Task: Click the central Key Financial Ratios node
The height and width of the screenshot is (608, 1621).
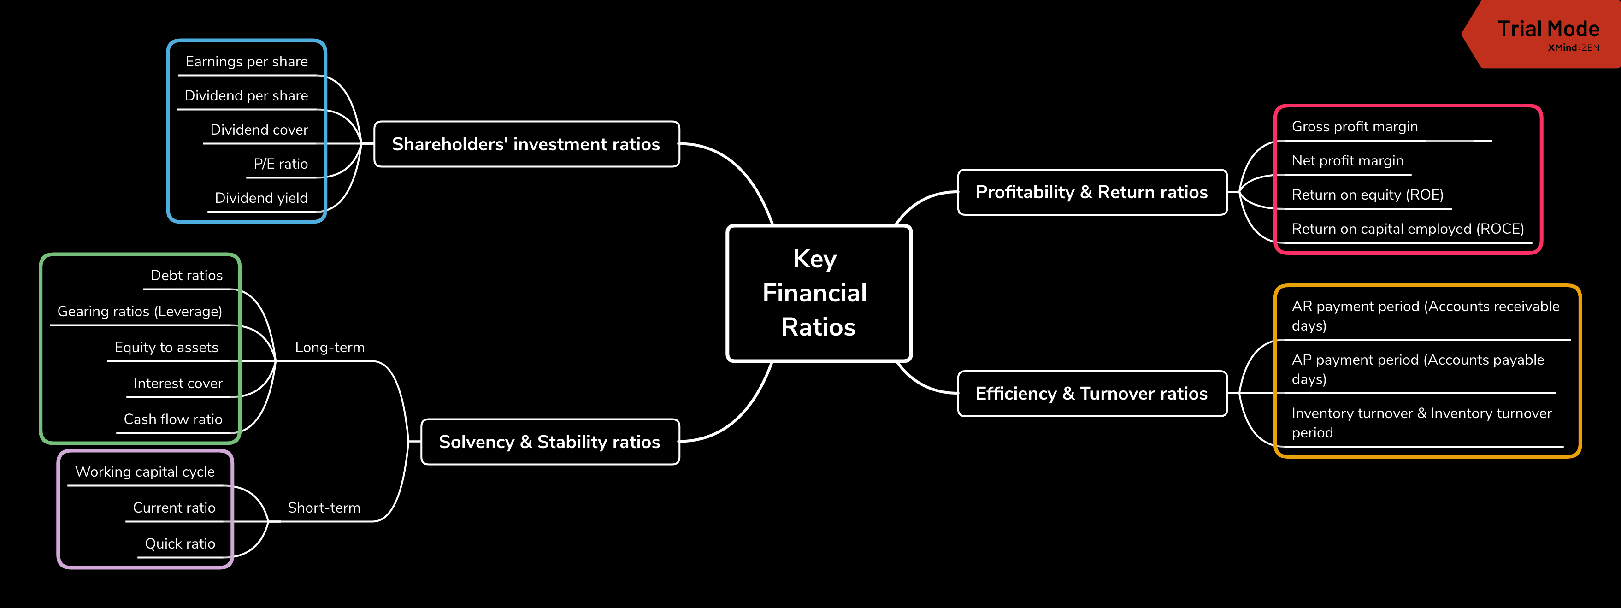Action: pos(818,293)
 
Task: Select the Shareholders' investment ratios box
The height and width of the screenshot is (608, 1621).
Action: pos(526,144)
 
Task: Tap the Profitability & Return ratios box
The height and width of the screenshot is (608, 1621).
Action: pos(1092,192)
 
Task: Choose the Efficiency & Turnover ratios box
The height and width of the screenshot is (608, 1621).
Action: pos(1092,393)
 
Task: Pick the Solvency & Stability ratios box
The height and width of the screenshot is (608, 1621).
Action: pos(549,442)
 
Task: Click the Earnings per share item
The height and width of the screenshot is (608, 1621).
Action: pos(247,62)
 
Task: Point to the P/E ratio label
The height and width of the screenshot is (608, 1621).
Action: pos(281,164)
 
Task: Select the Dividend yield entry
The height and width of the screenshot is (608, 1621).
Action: pos(261,198)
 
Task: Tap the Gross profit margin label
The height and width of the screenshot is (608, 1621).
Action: pos(1355,126)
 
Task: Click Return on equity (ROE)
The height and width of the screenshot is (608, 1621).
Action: pos(1368,195)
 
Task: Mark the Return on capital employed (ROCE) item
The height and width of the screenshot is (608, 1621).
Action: pos(1408,229)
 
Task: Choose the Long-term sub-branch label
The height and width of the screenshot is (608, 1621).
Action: pos(330,348)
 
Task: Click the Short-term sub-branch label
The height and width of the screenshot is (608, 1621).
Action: pos(324,508)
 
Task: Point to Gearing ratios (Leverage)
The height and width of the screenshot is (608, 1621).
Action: pos(140,312)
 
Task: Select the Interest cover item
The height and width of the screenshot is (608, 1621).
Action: pos(178,384)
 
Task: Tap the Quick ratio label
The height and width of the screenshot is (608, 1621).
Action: pos(180,544)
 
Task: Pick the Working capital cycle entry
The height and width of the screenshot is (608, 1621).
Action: pos(145,472)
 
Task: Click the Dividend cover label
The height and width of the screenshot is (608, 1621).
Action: pos(259,130)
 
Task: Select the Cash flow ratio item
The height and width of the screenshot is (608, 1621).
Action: pos(173,419)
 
